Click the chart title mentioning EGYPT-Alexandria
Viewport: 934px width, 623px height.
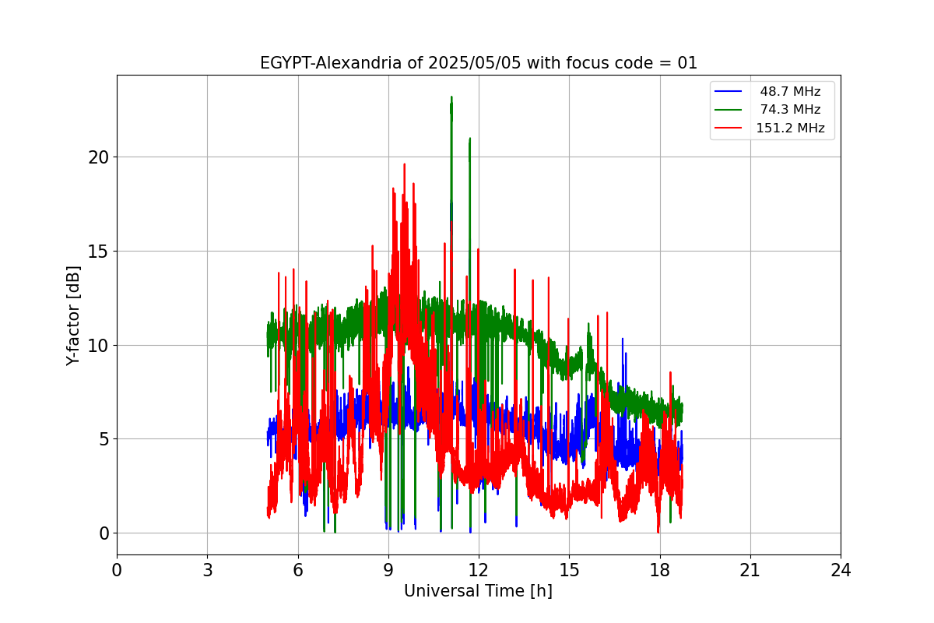click(x=478, y=63)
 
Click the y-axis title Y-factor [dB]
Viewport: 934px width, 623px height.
click(x=72, y=316)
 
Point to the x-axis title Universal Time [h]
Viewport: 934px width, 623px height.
click(x=478, y=591)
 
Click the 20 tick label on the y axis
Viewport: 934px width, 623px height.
click(x=98, y=158)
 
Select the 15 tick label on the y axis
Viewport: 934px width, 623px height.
click(x=98, y=252)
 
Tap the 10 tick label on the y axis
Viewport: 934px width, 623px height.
click(x=98, y=346)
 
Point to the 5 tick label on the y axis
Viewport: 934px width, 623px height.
click(x=104, y=439)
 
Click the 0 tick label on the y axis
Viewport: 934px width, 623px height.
click(x=104, y=533)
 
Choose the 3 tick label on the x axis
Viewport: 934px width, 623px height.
click(x=208, y=570)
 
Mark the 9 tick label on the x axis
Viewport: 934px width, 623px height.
click(x=388, y=570)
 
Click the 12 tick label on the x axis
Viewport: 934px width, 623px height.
click(x=479, y=570)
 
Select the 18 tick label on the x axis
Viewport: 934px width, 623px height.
click(x=660, y=570)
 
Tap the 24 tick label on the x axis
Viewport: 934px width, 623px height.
click(x=841, y=570)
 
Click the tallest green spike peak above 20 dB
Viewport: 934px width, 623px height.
click(x=451, y=97)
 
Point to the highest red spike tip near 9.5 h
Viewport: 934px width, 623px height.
click(x=405, y=164)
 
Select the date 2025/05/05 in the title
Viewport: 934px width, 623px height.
click(x=475, y=63)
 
